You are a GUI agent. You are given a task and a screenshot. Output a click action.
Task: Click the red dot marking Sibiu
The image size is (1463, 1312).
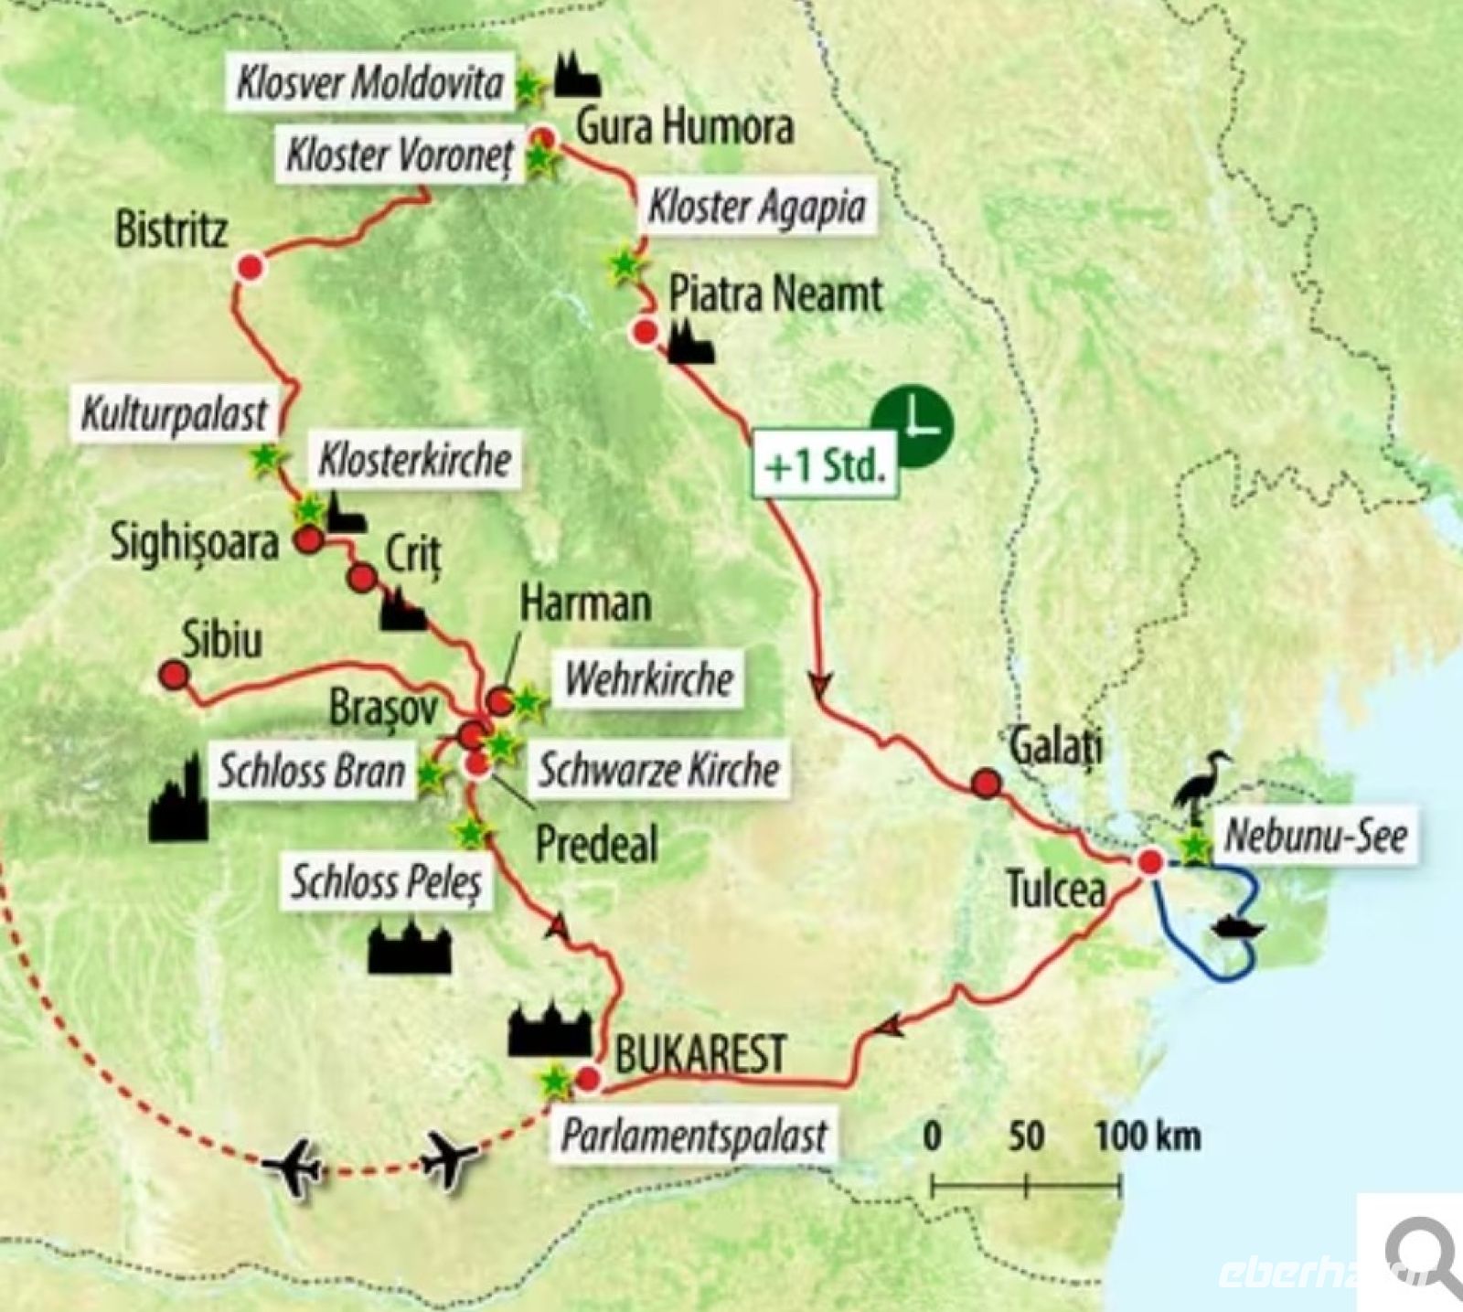pos(173,676)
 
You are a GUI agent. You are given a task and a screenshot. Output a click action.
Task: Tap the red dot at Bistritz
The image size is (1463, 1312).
pos(250,267)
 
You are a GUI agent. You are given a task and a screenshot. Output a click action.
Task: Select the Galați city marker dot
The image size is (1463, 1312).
pos(986,783)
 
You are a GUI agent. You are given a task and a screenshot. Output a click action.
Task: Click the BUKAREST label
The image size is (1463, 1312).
pos(700,1054)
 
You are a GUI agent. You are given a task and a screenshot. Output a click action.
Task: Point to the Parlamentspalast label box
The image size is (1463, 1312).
pos(693,1136)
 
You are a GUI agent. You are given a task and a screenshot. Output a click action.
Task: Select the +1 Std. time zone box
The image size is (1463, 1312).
pos(826,466)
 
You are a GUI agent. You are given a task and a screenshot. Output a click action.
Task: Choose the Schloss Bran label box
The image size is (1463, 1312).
pos(311,772)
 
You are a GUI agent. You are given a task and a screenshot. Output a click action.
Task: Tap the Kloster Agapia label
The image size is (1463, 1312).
pos(756,207)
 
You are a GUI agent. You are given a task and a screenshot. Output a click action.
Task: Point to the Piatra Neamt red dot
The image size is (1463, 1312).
pos(645,332)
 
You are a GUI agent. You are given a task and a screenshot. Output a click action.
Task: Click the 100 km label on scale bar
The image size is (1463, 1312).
pos(1148,1136)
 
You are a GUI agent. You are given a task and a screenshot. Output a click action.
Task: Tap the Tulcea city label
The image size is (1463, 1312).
pos(1056,889)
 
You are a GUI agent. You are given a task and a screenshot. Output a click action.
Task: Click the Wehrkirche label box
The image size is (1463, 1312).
pos(649,679)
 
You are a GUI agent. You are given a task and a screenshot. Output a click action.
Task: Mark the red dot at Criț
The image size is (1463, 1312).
pos(362,578)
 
